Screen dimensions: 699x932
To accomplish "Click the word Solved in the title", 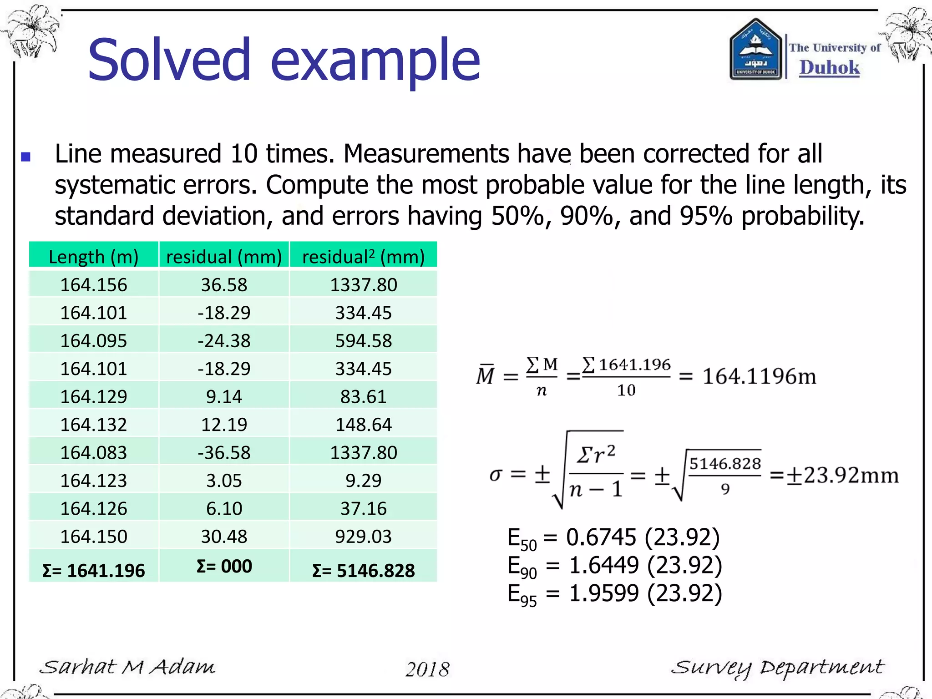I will (x=169, y=60).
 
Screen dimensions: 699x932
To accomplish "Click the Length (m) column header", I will (x=93, y=257).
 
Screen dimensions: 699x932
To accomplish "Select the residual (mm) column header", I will (x=224, y=257).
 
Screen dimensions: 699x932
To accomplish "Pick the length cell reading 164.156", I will (x=93, y=285).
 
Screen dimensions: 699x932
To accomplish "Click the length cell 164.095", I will (x=93, y=341).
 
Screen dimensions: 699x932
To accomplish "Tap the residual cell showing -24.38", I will (x=224, y=341).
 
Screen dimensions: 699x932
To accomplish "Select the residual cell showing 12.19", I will (x=224, y=425).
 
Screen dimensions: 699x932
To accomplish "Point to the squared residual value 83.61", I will (x=363, y=397).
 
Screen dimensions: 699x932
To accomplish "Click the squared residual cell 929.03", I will (x=363, y=537).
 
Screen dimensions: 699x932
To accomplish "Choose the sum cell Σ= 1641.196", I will (x=93, y=571).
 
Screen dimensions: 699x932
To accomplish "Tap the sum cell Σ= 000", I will (x=224, y=567).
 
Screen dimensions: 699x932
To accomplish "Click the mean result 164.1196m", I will (x=759, y=377).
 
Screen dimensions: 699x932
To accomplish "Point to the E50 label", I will (x=522, y=539).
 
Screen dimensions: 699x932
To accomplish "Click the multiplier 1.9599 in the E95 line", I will (x=604, y=593).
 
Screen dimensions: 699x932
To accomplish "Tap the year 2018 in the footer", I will (x=427, y=669).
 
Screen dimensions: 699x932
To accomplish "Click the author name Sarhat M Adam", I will (x=127, y=667).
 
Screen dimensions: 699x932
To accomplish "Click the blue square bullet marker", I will (x=26, y=157).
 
